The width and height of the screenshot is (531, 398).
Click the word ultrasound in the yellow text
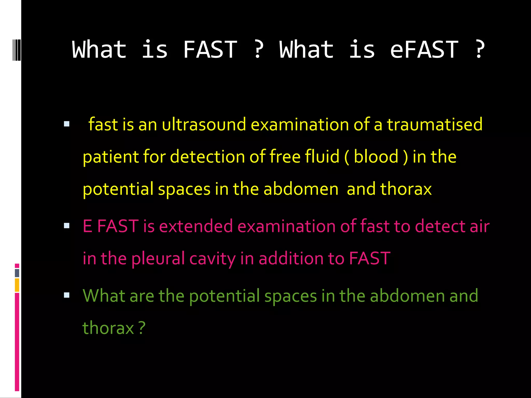click(204, 124)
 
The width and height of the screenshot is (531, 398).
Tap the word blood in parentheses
click(376, 157)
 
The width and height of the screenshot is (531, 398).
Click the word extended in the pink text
click(196, 226)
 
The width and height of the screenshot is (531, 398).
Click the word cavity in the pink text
click(212, 258)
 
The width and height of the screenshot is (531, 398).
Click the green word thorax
click(108, 328)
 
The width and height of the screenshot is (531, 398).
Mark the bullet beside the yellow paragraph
click(67, 124)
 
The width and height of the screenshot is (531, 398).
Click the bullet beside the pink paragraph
click(67, 226)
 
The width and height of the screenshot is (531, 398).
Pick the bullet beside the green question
click(67, 295)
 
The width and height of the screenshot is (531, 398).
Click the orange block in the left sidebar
click(17, 285)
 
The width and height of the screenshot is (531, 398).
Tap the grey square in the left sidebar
click(17, 273)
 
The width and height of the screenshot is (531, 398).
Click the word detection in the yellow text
click(207, 157)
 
